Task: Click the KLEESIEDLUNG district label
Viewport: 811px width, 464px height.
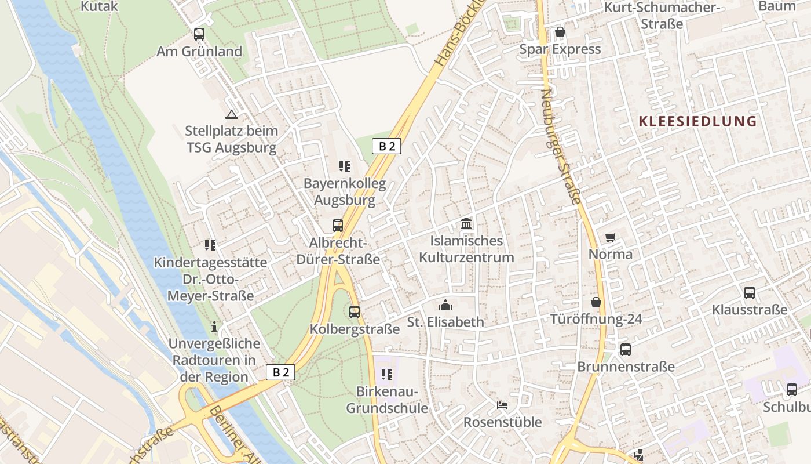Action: click(x=697, y=121)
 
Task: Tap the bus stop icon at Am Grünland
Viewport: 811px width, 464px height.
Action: click(x=199, y=34)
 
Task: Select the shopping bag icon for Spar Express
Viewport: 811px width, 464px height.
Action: click(x=560, y=31)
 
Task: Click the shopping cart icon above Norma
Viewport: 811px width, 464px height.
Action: click(x=610, y=237)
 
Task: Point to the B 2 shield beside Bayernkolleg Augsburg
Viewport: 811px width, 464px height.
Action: click(x=386, y=146)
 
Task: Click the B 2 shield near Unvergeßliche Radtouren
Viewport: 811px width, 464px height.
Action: click(x=280, y=372)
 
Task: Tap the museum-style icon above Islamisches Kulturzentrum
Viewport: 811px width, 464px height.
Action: click(x=466, y=223)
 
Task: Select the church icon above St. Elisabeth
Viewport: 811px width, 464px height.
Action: click(x=445, y=304)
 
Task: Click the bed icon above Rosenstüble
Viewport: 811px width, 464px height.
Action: click(x=502, y=404)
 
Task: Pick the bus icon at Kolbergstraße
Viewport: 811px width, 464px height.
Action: click(x=355, y=311)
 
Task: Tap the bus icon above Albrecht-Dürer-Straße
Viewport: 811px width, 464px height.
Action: click(x=338, y=225)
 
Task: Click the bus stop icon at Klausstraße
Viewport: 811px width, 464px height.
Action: click(x=750, y=292)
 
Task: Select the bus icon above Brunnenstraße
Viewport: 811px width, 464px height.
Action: click(x=626, y=349)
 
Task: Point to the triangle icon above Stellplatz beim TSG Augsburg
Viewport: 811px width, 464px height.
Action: click(x=232, y=114)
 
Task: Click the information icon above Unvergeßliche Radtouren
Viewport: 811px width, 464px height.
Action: click(x=214, y=327)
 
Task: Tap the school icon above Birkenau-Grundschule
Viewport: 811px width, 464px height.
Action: click(x=387, y=375)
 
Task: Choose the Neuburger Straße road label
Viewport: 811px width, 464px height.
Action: click(x=561, y=146)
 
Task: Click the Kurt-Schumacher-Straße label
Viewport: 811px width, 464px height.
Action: click(x=662, y=16)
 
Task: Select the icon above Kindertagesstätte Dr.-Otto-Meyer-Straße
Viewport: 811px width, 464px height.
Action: click(x=210, y=245)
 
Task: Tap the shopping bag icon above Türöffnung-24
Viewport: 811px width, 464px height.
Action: click(x=596, y=302)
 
